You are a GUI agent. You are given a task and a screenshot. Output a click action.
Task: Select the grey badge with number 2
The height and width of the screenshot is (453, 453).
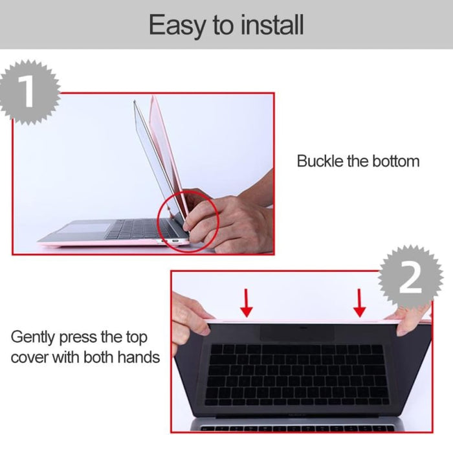click(x=409, y=278)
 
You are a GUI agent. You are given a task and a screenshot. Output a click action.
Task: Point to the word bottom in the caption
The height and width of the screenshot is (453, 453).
click(x=392, y=161)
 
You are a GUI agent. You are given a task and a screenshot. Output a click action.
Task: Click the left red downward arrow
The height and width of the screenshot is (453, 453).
click(x=247, y=302)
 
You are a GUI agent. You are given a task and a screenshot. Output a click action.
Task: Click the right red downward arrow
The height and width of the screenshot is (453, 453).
click(x=360, y=302)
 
